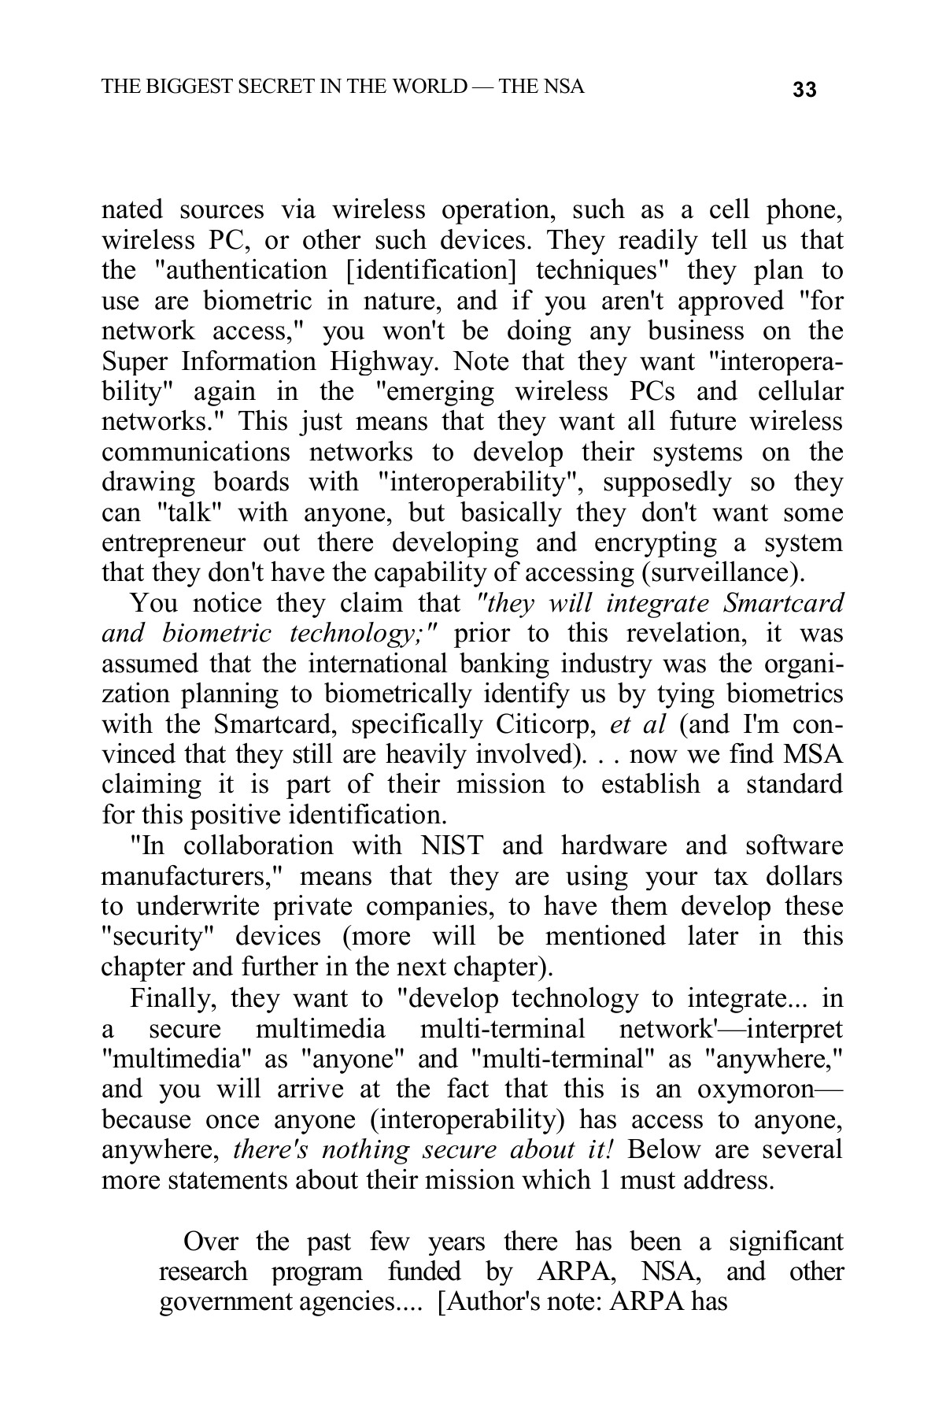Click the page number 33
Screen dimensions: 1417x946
(805, 90)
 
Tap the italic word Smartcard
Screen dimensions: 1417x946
(782, 604)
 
